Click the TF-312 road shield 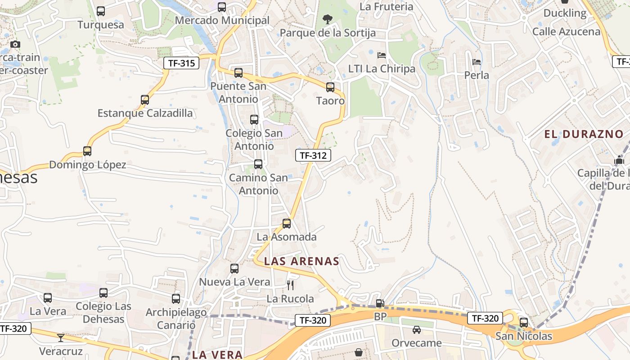[x=313, y=156]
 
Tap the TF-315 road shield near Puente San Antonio [x=181, y=63]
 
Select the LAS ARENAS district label [x=301, y=261]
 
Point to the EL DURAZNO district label [x=584, y=134]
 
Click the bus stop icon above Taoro [x=330, y=87]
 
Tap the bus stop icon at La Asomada [x=287, y=224]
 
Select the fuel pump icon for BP [x=380, y=304]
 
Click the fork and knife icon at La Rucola [x=290, y=285]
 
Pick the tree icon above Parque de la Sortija [x=328, y=19]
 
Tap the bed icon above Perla [x=477, y=62]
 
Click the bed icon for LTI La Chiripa [x=382, y=56]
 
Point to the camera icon [x=15, y=44]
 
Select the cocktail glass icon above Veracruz [x=61, y=337]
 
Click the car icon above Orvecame [x=417, y=330]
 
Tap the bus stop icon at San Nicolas [x=524, y=323]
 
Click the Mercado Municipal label [x=222, y=20]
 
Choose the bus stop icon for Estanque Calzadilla [x=145, y=100]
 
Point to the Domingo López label [x=87, y=165]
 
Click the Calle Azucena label [x=566, y=31]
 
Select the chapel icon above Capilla [x=620, y=160]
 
